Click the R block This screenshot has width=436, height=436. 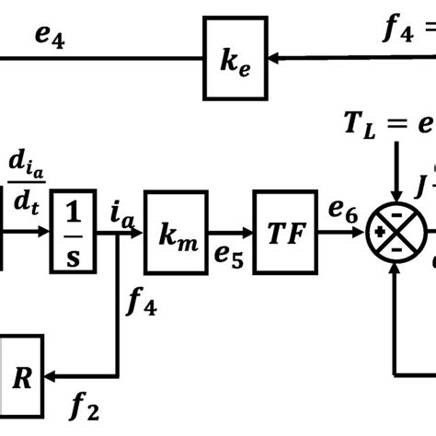(x=23, y=376)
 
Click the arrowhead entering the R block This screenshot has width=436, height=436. (x=54, y=376)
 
